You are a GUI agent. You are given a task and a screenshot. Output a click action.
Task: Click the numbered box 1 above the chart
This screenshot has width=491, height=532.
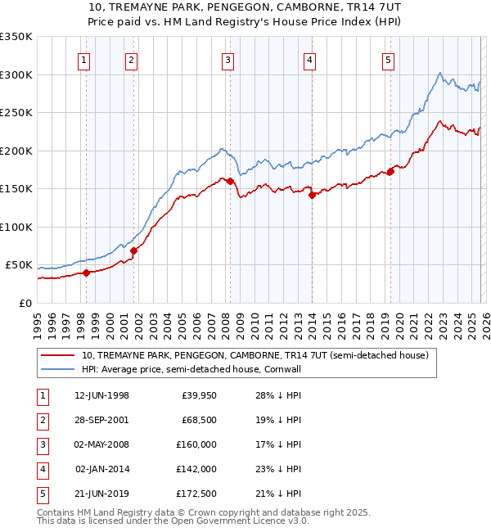pos(85,60)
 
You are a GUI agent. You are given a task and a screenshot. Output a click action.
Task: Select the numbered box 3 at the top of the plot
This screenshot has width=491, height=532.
pos(227,60)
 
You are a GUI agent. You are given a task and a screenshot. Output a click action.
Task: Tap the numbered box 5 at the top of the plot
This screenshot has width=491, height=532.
pos(387,60)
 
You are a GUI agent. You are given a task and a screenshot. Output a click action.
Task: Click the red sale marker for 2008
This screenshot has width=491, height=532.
pos(230,181)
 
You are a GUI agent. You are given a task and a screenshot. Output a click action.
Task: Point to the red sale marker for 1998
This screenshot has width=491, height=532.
pos(86,273)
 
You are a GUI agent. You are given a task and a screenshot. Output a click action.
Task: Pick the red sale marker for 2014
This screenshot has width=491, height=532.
pos(312,195)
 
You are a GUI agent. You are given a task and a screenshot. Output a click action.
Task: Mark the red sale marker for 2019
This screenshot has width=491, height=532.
pos(390,171)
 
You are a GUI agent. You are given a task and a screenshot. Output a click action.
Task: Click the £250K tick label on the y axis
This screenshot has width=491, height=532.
pos(16,113)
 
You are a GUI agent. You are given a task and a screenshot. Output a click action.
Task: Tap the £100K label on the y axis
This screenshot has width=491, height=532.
pos(16,227)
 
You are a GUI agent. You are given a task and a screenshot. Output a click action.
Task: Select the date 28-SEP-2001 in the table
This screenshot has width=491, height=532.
pos(102,420)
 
